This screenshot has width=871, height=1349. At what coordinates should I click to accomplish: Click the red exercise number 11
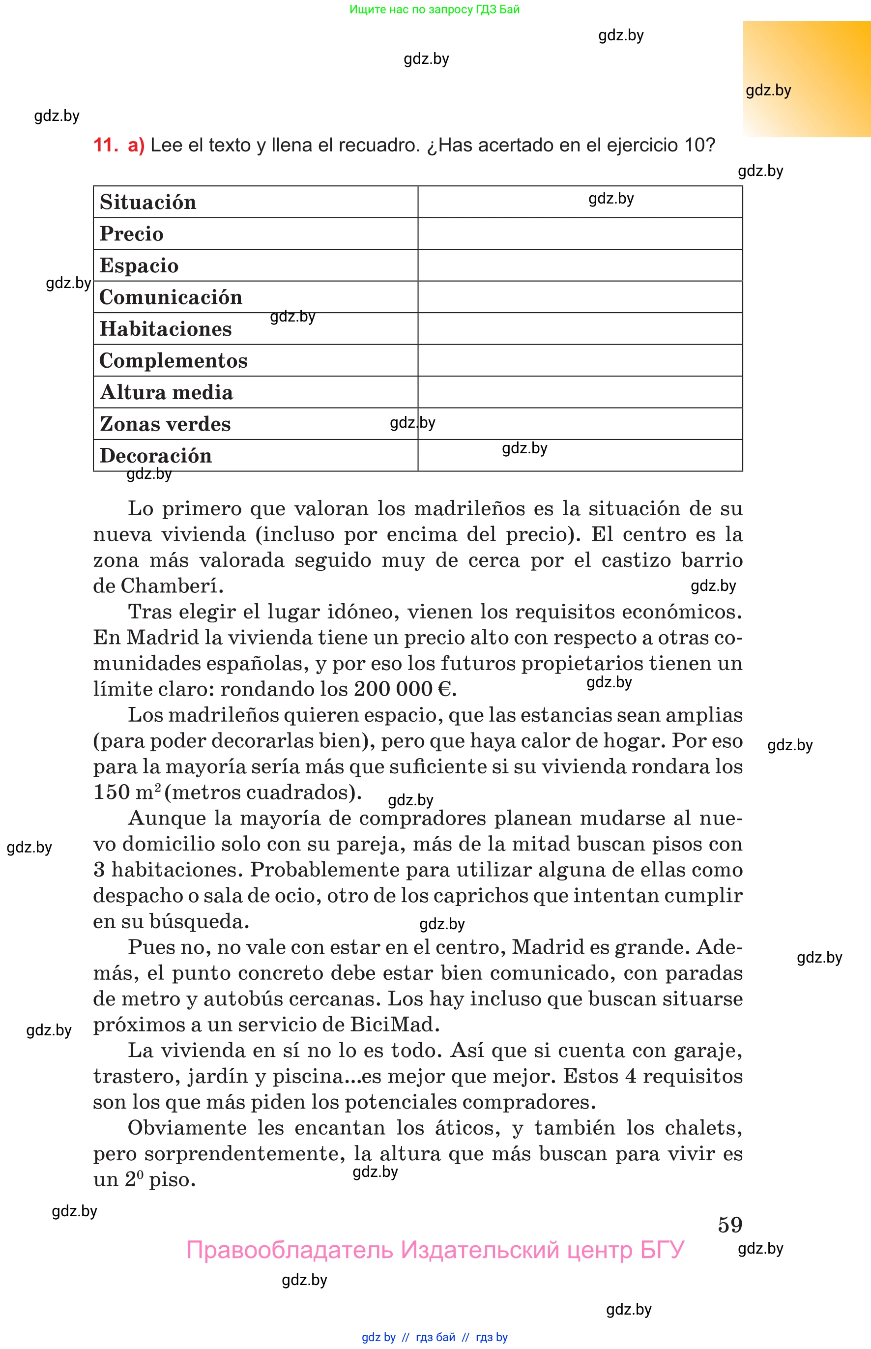coord(105,146)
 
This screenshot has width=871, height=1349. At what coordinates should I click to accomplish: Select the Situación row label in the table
coord(147,203)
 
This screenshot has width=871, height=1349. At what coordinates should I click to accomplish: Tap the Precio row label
coord(131,234)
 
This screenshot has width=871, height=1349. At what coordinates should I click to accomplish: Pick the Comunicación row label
coord(170,297)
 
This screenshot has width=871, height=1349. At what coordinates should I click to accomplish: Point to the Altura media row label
coord(166,392)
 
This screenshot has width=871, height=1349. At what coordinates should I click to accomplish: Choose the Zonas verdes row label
coord(165,424)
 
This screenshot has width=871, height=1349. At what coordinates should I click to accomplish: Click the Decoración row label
coord(155,456)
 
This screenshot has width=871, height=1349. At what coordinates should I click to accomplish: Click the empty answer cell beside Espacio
coord(580,265)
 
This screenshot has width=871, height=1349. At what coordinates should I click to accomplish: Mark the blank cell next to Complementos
coord(580,360)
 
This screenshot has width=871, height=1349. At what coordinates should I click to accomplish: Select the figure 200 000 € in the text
coord(403,689)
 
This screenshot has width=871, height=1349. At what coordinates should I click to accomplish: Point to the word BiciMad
coord(394,1025)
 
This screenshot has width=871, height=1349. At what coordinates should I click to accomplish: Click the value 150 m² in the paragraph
coord(127,792)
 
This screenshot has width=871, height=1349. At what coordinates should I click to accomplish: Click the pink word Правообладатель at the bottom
coord(289,1250)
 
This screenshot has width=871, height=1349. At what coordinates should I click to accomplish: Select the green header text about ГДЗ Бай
coord(435,9)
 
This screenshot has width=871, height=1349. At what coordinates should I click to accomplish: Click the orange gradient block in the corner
coord(807,79)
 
